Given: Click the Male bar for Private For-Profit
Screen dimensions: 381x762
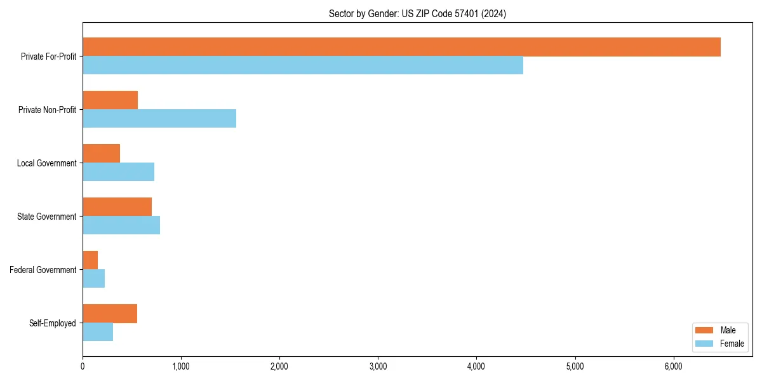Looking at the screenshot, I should click(401, 47).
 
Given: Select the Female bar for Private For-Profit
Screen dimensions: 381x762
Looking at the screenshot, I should click(303, 65).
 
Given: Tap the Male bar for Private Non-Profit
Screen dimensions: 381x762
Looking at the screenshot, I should click(110, 100).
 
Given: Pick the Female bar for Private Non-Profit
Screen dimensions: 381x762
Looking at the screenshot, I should click(159, 119).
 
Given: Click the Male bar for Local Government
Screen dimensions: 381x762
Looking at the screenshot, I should click(101, 154).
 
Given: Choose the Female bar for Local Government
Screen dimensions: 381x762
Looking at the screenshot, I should click(118, 172).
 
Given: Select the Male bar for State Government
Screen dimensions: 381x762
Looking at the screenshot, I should click(117, 207).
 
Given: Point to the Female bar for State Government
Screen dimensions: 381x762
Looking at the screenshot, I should click(121, 225).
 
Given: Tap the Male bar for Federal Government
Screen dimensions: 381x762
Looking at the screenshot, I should click(90, 260).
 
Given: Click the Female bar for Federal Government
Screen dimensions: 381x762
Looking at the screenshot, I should click(93, 279).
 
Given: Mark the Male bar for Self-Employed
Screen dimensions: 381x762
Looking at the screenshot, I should click(110, 314).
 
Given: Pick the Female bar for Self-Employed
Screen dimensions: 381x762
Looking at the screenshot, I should click(98, 332).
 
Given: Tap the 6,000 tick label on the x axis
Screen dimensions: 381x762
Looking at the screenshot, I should click(673, 366).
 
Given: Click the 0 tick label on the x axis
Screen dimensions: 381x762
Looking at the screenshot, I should click(83, 366).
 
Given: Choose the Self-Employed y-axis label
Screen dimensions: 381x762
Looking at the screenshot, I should click(53, 323).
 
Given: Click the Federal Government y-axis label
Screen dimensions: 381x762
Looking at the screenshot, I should click(43, 270).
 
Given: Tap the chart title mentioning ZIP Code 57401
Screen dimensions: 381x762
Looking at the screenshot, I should click(417, 13).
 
